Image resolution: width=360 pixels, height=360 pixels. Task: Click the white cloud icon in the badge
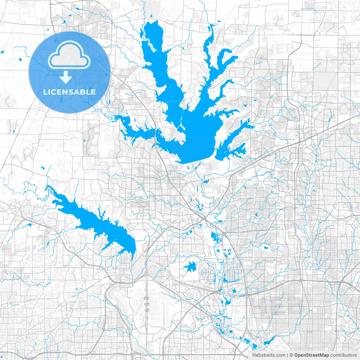(x=69, y=55)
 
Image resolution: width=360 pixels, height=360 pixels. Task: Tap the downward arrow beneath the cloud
(x=66, y=77)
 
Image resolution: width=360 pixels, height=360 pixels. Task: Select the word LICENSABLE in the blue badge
(x=69, y=92)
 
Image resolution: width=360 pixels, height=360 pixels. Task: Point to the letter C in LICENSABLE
(x=56, y=92)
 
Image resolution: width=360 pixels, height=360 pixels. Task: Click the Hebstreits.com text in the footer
(x=269, y=355)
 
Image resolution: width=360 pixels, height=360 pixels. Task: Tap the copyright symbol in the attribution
(x=291, y=355)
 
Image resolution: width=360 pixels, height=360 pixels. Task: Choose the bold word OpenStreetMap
(x=312, y=355)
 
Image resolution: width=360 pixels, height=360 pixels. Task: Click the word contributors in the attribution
(x=343, y=355)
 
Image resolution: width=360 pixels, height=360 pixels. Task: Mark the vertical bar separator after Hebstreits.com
(x=287, y=355)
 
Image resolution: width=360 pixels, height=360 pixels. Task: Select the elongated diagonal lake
(x=96, y=222)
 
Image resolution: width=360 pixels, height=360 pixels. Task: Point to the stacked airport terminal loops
(x=147, y=304)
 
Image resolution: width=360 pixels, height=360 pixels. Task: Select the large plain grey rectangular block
(x=325, y=81)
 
